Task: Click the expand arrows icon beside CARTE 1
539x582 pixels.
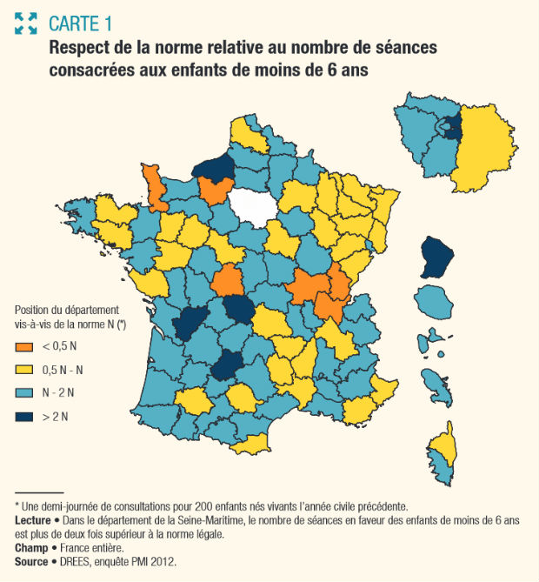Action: pos(26,23)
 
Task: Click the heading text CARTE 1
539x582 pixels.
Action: pos(81,23)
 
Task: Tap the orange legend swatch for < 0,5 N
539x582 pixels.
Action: pos(24,348)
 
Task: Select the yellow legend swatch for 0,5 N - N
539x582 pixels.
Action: pos(24,371)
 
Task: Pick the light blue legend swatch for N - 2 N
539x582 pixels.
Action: pos(24,394)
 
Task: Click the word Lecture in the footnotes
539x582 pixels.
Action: pos(34,519)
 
